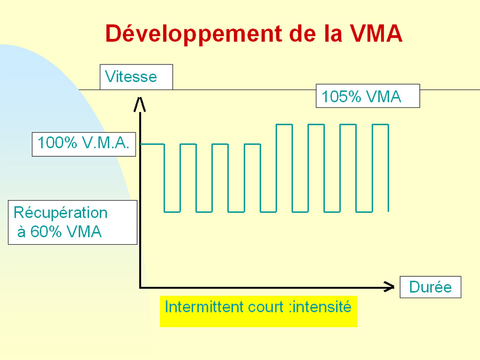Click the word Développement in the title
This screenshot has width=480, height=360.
tap(194, 34)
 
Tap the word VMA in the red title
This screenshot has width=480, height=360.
tap(376, 33)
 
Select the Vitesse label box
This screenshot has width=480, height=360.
tap(136, 77)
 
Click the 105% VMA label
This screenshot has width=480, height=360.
tap(367, 96)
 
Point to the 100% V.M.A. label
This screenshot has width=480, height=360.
tap(84, 144)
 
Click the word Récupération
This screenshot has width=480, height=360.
tap(61, 213)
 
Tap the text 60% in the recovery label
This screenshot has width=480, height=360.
tap(46, 232)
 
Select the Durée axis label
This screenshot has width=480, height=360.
tap(430, 287)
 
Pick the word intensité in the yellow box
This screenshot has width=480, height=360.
tap(322, 307)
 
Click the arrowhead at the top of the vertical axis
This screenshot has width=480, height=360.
tap(140, 105)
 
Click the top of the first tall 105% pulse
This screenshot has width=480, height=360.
tap(284, 125)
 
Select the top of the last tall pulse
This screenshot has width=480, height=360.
tap(380, 125)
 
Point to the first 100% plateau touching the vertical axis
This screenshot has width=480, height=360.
tap(152, 144)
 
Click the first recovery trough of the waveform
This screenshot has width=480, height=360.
tap(172, 212)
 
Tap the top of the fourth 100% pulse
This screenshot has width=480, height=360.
tap(253, 144)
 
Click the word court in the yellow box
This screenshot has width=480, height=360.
tap(266, 307)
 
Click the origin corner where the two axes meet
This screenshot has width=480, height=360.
tap(140, 287)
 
